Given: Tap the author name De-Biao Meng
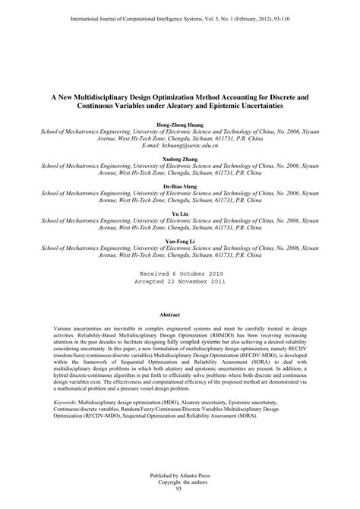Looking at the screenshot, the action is (x=179, y=185).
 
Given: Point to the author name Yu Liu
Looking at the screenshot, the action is (x=179, y=217).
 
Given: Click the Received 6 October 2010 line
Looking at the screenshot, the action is (x=179, y=293).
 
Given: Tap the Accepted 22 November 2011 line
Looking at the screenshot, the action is (x=179, y=302).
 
